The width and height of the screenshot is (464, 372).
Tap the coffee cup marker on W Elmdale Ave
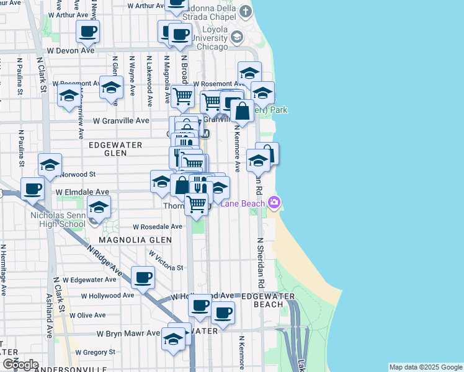click(32, 188)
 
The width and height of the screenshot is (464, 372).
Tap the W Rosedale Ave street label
click(158, 227)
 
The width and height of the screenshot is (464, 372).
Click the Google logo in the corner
click(20, 365)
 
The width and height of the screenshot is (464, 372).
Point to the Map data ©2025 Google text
click(426, 367)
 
